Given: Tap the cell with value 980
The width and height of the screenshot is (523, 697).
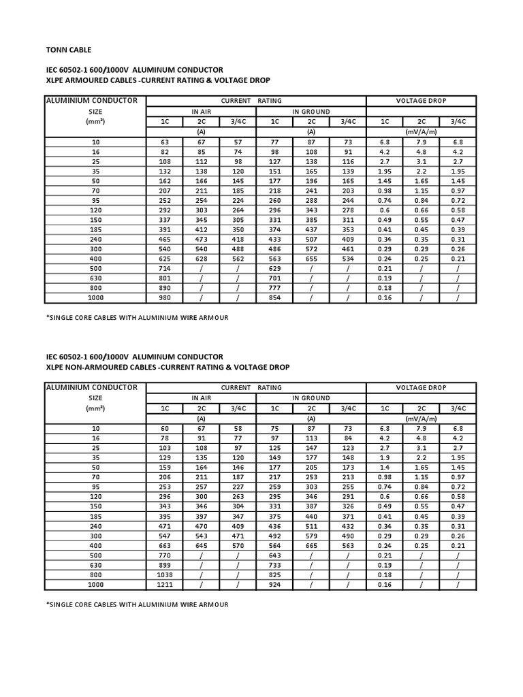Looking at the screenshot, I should [163, 298].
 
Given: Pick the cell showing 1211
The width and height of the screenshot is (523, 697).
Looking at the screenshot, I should [163, 585].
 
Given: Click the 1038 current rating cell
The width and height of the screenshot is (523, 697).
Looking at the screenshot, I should [163, 575].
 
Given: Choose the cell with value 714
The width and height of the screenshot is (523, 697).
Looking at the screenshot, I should [163, 269].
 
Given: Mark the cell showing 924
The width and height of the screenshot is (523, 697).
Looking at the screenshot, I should [274, 585].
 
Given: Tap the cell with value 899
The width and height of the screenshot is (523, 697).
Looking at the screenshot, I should [163, 566].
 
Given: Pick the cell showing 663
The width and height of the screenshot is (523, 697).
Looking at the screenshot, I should [163, 546].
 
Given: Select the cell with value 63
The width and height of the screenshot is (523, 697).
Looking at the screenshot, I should [163, 142].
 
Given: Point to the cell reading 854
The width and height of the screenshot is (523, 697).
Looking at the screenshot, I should [274, 298].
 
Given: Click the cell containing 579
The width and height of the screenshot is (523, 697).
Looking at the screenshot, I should [311, 536].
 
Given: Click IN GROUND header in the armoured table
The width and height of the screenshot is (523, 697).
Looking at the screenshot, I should [311, 111].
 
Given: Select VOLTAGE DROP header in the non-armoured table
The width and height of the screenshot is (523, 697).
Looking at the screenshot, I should [422, 387].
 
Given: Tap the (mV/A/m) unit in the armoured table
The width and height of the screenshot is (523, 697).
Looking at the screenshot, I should [422, 131].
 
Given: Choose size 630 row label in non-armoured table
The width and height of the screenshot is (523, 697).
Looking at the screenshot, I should [95, 566].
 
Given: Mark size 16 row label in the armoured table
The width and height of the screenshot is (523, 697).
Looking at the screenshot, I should [95, 152].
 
